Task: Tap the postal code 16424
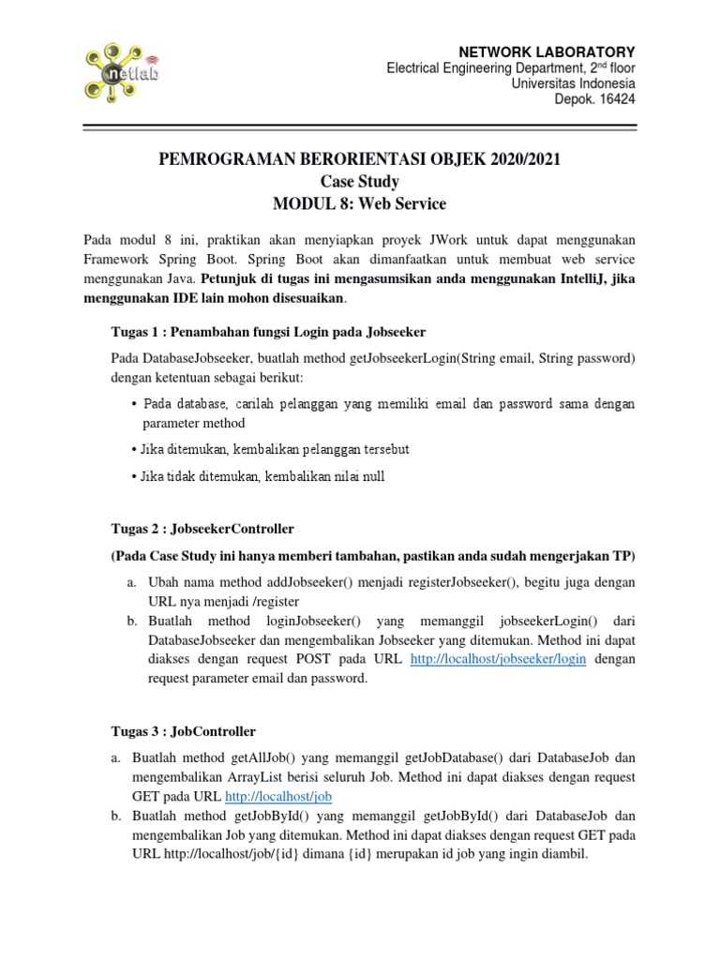[615, 100]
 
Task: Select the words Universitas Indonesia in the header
[573, 84]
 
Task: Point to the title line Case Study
[360, 181]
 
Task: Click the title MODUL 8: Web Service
[360, 203]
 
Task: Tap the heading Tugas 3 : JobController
[179, 730]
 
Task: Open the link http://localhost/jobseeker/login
[499, 659]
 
